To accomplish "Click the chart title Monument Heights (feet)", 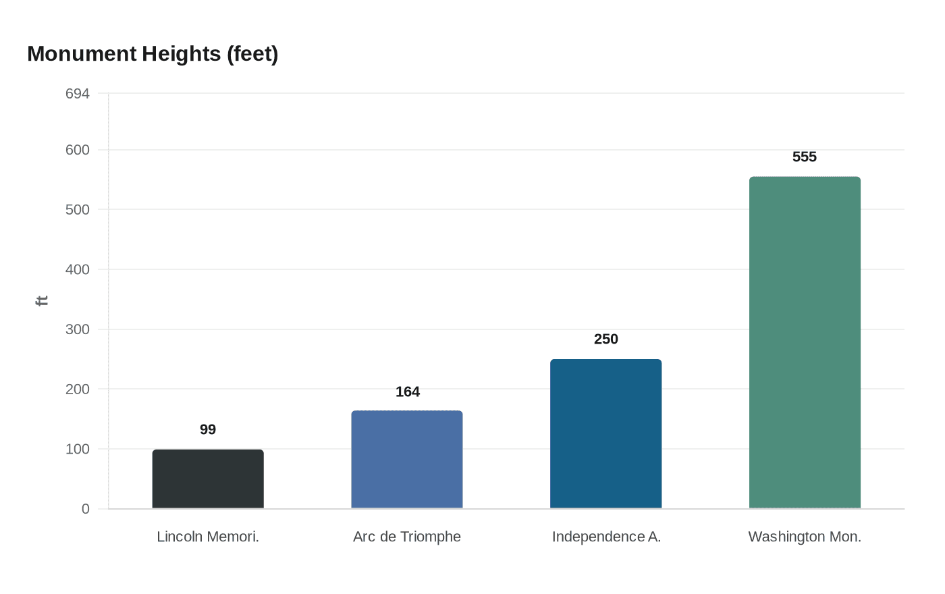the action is click(153, 54).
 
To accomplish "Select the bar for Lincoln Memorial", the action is click(208, 479).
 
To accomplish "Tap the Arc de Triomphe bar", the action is click(407, 460).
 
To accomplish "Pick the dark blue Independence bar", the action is click(606, 433).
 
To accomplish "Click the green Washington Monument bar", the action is click(805, 343).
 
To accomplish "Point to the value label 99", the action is click(208, 429).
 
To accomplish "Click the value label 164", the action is click(408, 392).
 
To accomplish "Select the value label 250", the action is click(606, 339).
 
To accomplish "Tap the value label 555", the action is click(805, 157).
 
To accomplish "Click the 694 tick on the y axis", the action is click(78, 94).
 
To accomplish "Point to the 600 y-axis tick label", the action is click(78, 150).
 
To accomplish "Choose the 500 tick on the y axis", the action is click(78, 210).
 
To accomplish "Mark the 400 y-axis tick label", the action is click(78, 269).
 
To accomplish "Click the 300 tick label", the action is click(78, 329).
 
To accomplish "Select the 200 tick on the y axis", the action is click(78, 389).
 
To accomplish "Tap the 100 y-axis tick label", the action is click(78, 450).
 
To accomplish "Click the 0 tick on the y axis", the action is click(86, 509).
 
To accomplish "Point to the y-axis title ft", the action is click(42, 301).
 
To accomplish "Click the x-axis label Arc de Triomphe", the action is click(407, 537).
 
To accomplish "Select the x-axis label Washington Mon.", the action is click(805, 537).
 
